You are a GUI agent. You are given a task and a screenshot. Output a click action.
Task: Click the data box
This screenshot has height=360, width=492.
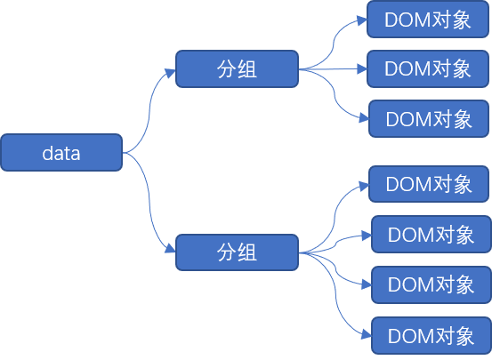tap(61, 152)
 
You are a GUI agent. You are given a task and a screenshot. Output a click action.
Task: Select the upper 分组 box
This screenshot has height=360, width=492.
tap(237, 68)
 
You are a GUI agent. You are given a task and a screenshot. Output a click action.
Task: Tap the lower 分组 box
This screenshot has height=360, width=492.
tap(237, 252)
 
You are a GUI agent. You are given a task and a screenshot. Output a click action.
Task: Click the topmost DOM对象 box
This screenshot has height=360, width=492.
tap(428, 20)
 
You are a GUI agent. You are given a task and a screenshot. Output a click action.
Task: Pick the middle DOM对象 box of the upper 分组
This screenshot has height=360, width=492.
tap(428, 68)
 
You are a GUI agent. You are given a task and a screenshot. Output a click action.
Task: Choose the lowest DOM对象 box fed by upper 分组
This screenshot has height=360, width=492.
tap(429, 118)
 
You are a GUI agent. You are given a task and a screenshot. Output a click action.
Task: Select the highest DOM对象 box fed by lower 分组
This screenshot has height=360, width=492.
tap(429, 184)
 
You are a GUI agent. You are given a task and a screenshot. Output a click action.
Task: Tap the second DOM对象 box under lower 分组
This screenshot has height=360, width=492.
tap(432, 234)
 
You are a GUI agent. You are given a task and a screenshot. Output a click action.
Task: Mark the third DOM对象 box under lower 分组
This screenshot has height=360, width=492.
tap(432, 284)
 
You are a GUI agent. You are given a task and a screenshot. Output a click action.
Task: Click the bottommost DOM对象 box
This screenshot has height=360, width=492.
tap(432, 335)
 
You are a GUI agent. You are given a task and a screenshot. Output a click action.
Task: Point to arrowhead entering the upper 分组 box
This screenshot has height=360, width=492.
tap(171, 73)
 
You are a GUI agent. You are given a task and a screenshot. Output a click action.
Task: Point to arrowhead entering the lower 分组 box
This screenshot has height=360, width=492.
tap(171, 248)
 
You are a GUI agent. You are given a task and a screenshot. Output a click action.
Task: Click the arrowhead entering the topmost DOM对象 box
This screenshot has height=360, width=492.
tap(362, 20)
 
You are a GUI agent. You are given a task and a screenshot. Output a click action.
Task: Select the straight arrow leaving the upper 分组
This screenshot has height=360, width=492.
tap(333, 69)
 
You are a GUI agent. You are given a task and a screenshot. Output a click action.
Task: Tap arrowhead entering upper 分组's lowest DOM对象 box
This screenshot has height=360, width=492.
tap(364, 118)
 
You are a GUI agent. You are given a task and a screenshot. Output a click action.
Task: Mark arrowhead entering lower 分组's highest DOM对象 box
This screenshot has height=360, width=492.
tap(364, 186)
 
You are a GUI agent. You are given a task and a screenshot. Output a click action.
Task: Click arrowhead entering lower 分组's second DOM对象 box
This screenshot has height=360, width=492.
tap(367, 236)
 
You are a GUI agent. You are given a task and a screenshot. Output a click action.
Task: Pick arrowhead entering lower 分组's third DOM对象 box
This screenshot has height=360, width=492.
tap(367, 284)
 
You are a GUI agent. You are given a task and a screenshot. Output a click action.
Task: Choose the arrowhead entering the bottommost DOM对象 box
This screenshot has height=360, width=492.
tap(367, 334)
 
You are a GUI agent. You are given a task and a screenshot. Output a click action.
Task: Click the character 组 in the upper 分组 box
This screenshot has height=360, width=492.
tap(247, 69)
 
